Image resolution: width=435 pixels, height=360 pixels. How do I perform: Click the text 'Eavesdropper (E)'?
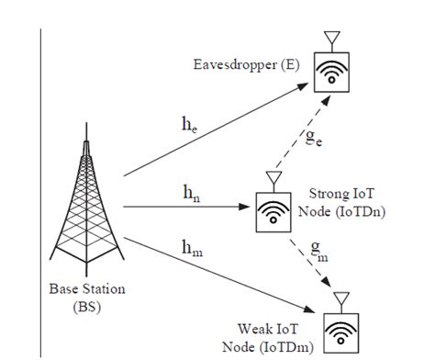coord(245,64)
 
